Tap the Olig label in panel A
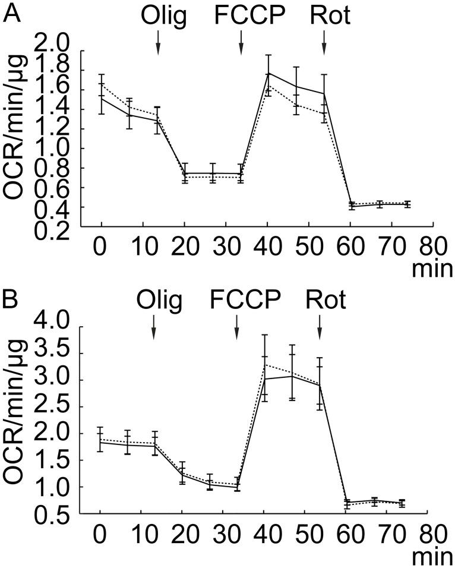[164, 17]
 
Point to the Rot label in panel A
[330, 17]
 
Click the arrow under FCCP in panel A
[241, 43]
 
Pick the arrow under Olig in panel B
[154, 326]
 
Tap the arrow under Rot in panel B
[320, 326]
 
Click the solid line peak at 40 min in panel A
[268, 73]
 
